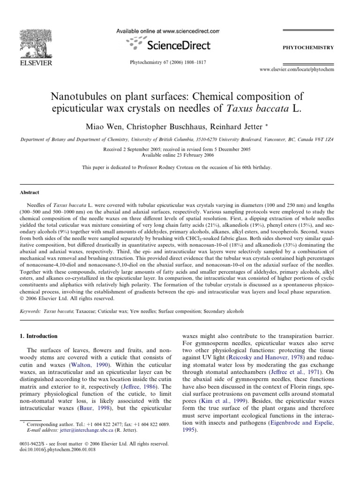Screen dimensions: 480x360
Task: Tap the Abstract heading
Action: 29,192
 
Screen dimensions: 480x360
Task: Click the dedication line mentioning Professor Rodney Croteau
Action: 180,167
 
